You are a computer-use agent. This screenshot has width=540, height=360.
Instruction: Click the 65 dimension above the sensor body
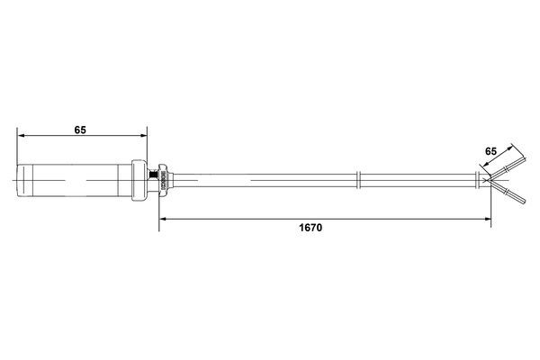(x=80, y=130)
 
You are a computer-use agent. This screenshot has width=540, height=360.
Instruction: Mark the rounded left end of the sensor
(x=19, y=181)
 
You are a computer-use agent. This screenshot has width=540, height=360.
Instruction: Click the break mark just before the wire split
(x=475, y=181)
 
